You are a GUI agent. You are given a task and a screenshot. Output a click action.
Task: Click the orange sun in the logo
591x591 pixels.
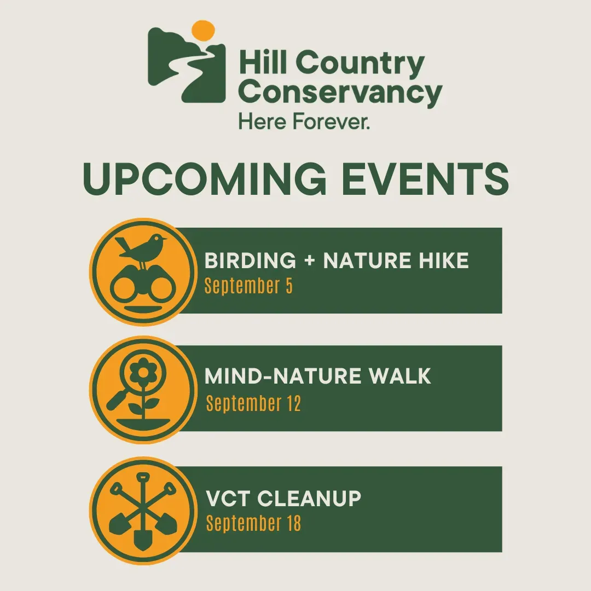(203, 31)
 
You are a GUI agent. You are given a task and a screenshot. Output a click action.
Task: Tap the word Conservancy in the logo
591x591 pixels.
(340, 92)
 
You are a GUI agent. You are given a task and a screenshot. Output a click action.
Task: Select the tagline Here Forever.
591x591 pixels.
(304, 121)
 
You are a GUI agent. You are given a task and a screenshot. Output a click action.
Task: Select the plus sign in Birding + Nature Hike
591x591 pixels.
(310, 260)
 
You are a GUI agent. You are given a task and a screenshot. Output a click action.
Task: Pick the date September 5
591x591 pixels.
(248, 286)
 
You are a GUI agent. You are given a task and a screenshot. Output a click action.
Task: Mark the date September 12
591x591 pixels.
(253, 403)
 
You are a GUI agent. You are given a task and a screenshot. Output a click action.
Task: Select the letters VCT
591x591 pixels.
(228, 499)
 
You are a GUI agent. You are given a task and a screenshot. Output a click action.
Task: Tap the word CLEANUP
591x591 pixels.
(309, 499)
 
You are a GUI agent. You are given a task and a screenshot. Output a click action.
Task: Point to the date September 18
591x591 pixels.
(253, 523)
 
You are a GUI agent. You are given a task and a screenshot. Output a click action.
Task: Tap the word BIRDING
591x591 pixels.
(250, 260)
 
